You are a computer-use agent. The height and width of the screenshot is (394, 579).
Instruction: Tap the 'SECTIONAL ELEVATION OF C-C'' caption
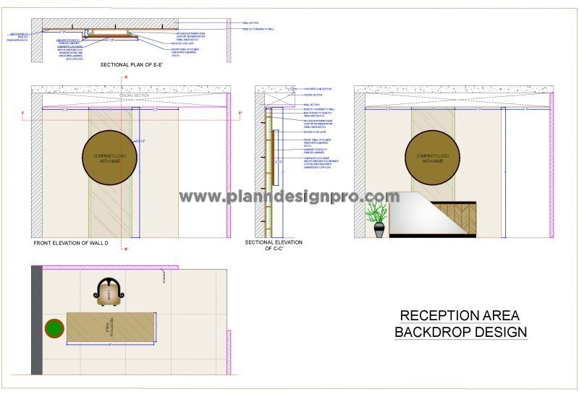click(274, 245)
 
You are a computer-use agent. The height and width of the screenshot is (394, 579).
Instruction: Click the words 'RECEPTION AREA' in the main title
click(460, 316)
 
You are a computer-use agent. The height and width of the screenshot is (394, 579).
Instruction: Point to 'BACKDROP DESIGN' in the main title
click(460, 333)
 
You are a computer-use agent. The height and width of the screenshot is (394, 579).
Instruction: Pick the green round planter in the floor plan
click(54, 330)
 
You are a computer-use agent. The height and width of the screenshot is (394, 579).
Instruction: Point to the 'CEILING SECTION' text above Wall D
click(135, 95)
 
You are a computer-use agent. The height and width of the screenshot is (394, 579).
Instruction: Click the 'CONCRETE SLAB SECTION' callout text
click(318, 88)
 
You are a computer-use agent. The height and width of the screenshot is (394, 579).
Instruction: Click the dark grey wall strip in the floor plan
click(36, 318)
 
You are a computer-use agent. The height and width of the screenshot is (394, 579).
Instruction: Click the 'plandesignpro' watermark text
click(289, 197)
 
